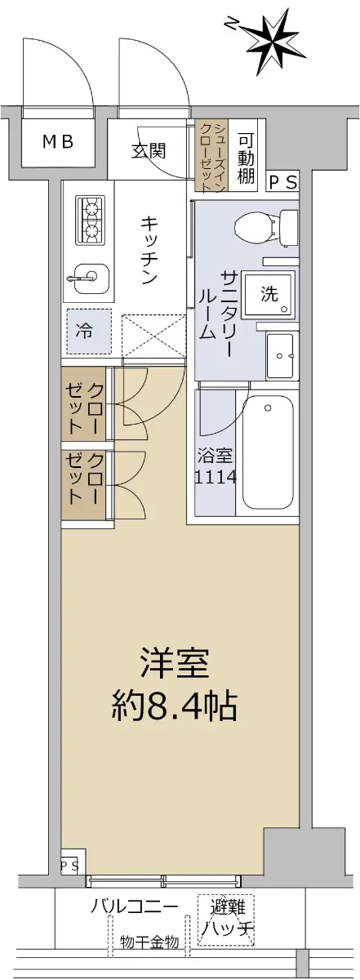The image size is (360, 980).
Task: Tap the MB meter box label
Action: (58, 142)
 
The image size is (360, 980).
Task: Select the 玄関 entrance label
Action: (149, 151)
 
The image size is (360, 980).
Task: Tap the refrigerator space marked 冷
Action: (89, 332)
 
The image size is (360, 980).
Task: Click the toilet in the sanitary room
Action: (266, 228)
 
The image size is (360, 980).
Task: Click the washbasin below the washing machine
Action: (280, 357)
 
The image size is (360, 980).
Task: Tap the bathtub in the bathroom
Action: (268, 452)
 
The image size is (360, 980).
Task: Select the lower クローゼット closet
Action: (83, 485)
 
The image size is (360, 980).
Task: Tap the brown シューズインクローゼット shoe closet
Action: (211, 157)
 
